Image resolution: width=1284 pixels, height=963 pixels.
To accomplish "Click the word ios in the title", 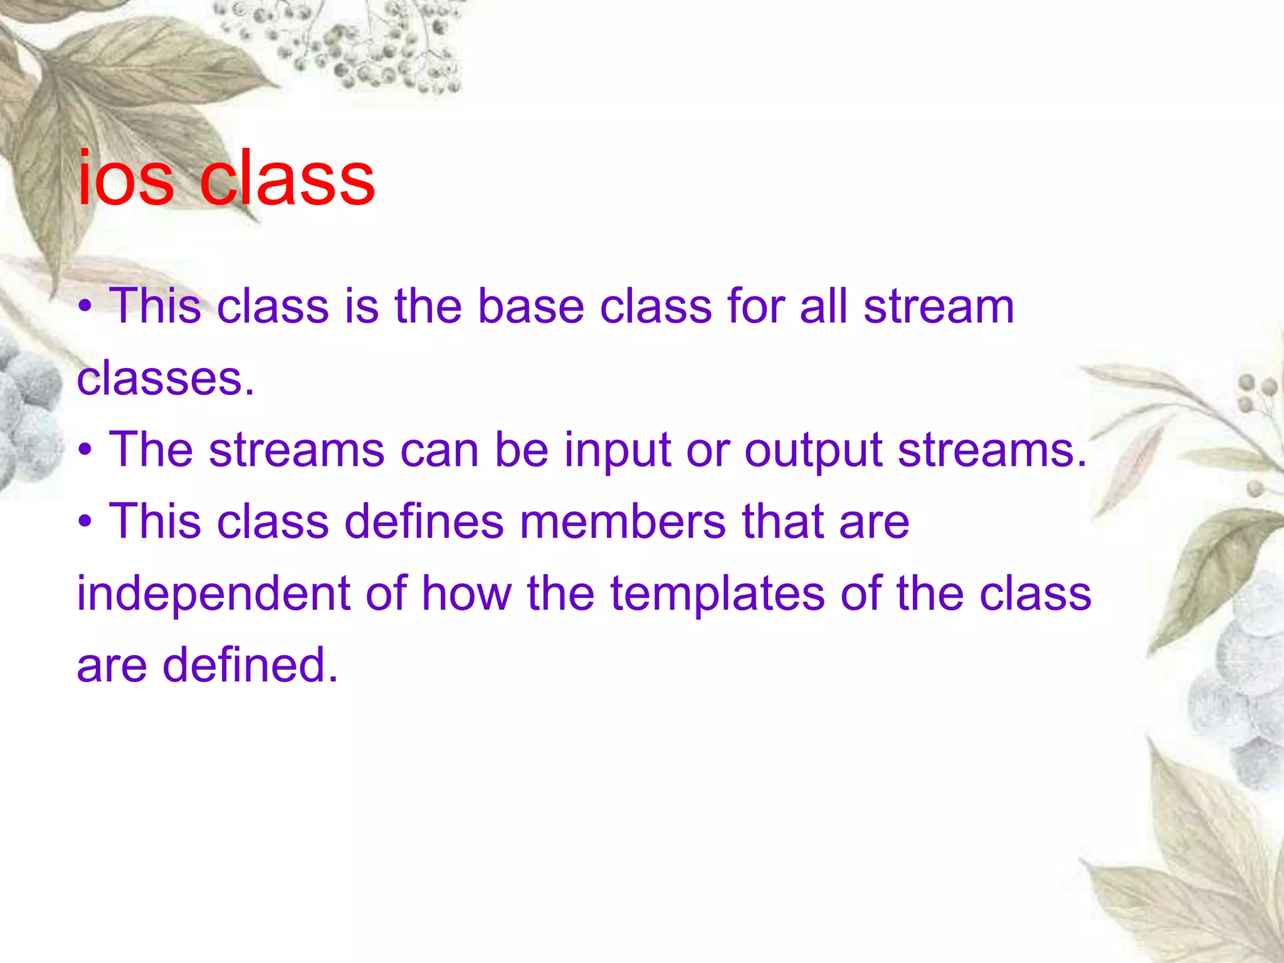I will (x=125, y=181).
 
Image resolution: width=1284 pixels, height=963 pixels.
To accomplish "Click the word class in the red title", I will (x=287, y=181).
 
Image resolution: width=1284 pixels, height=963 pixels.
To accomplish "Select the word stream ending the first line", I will (x=939, y=307).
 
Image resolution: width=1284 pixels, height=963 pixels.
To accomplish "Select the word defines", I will (x=424, y=522).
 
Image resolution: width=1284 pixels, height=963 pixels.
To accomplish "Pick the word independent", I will (x=213, y=594).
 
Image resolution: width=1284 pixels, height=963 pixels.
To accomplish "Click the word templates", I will (x=717, y=594).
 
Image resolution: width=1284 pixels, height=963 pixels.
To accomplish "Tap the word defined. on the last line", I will (x=250, y=665).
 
